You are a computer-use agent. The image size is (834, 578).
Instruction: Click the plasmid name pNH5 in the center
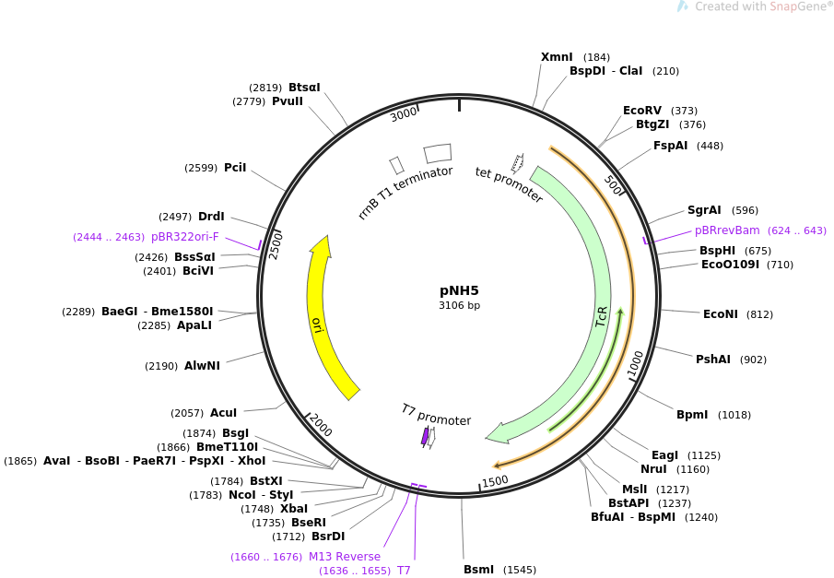[459, 289]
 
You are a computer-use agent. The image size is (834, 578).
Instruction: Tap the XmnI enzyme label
[557, 57]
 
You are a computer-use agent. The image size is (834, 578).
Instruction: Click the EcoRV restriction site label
[642, 111]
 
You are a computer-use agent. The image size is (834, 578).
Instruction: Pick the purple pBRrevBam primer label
[727, 230]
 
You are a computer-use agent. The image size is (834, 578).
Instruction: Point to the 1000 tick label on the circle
[636, 363]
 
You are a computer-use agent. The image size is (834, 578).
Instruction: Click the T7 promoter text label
[436, 415]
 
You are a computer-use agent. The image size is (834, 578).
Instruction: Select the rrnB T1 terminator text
[405, 192]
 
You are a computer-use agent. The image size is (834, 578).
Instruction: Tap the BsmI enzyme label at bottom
[478, 570]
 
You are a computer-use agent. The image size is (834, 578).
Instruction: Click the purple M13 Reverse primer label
[344, 557]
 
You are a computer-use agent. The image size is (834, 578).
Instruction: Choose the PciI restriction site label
[235, 168]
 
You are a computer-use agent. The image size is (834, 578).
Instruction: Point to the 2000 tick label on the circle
[320, 425]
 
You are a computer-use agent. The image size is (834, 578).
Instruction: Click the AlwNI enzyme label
[202, 366]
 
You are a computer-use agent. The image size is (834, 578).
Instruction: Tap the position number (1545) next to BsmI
[519, 570]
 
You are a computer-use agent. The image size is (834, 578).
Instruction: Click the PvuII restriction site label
[287, 101]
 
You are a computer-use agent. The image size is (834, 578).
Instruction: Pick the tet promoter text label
[509, 184]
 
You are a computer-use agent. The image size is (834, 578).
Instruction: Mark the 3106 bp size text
[459, 305]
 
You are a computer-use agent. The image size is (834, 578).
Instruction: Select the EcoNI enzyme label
[720, 314]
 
